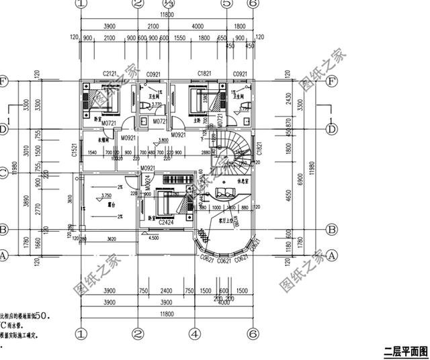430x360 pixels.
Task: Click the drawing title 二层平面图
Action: click(x=405, y=351)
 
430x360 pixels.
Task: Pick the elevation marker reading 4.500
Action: click(x=153, y=237)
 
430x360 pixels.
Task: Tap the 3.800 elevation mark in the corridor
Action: click(x=163, y=140)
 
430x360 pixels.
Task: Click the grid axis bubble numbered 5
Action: click(x=226, y=4)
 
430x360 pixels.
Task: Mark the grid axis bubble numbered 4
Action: click(x=194, y=334)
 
